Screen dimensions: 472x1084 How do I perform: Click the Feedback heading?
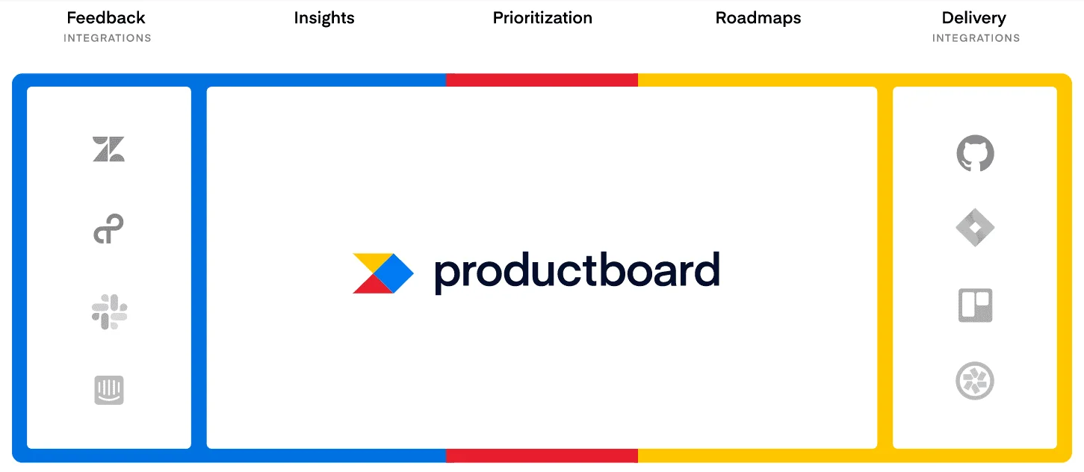[x=106, y=18]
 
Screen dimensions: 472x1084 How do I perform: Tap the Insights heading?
[x=324, y=18]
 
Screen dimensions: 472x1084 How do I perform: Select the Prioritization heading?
[x=542, y=18]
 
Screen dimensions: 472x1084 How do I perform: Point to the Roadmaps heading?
[x=758, y=18]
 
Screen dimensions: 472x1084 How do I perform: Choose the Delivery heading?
[x=974, y=18]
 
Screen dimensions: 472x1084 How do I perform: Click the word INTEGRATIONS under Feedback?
[x=108, y=38]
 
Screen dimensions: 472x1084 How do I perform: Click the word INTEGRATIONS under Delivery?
[x=976, y=38]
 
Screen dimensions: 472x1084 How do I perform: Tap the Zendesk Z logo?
[x=109, y=149]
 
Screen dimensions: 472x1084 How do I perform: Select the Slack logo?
[x=109, y=311]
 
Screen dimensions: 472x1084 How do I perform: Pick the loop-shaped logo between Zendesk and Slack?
[x=109, y=229]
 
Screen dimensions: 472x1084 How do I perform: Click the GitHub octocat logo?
[x=976, y=153]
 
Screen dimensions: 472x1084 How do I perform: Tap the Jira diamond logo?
[x=976, y=228]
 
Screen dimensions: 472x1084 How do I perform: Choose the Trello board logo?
[x=976, y=305]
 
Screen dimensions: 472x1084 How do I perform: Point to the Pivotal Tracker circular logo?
[x=976, y=382]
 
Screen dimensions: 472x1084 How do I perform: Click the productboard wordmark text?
[x=577, y=272]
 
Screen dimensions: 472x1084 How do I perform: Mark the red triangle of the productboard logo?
[x=370, y=285]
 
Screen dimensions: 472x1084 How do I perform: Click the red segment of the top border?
[x=542, y=80]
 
